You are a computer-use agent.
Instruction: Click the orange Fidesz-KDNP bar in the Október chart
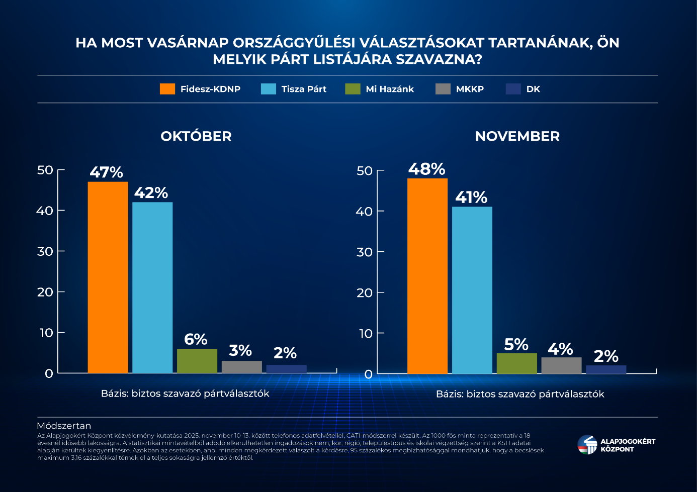tap(108, 277)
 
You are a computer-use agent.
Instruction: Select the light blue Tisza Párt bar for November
tap(472, 290)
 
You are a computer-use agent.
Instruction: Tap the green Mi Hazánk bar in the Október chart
tap(197, 361)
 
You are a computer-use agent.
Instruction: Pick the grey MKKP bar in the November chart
tap(561, 365)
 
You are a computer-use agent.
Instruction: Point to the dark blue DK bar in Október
tap(286, 369)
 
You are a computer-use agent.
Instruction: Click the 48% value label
tap(426, 169)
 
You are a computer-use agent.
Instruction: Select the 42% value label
tap(151, 192)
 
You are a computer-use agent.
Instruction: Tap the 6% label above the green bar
tap(196, 339)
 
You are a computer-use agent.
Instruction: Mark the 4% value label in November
tap(560, 349)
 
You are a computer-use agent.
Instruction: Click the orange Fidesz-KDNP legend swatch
tap(167, 89)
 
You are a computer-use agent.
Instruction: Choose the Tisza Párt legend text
tap(304, 89)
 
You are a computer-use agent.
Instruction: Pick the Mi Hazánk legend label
tap(390, 89)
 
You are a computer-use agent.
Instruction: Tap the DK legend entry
tap(533, 89)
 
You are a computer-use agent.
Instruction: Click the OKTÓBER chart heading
tap(196, 136)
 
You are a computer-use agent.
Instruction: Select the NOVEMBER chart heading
tap(517, 136)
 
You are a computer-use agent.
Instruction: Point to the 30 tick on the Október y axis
tap(45, 251)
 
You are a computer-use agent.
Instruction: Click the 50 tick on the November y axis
tap(365, 171)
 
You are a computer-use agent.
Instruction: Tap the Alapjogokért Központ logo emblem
tap(587, 445)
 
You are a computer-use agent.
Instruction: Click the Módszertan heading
tap(64, 426)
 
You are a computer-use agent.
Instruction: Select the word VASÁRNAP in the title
tap(188, 43)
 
